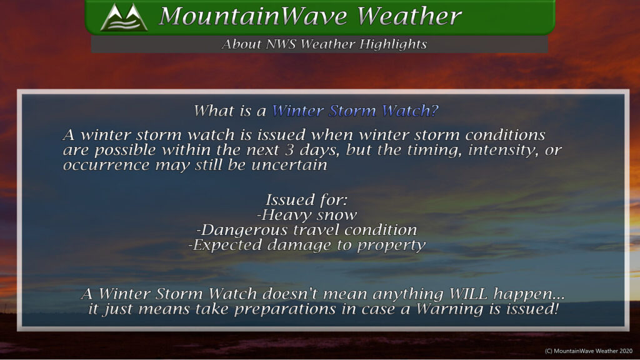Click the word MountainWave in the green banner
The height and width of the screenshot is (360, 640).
254,16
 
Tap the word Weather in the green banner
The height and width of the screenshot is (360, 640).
409,16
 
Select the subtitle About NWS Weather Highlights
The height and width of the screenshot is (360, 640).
324,44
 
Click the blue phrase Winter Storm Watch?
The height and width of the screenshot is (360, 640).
355,111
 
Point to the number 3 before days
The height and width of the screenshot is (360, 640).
289,150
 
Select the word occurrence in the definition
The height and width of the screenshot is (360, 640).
106,165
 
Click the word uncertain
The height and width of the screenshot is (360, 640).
289,165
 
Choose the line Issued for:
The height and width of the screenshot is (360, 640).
306,199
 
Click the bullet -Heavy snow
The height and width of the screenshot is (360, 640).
306,215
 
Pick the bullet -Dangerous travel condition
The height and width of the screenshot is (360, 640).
306,230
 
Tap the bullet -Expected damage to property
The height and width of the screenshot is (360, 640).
306,245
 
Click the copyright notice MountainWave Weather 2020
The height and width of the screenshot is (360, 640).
589,351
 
